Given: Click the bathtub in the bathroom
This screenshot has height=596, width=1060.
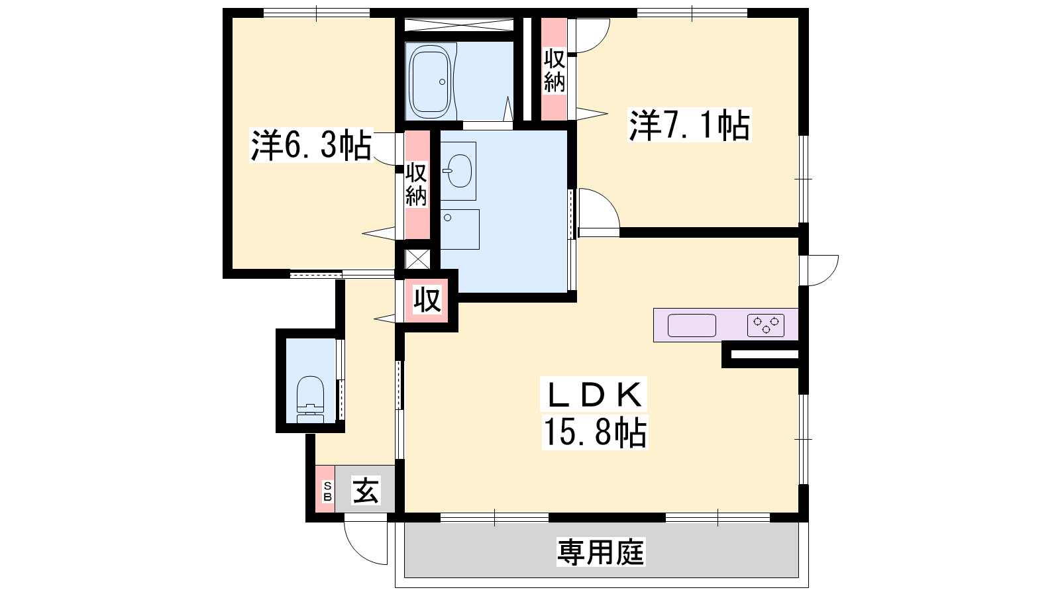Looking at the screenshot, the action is tap(430, 82).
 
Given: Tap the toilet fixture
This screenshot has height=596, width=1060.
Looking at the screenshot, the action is tap(310, 399).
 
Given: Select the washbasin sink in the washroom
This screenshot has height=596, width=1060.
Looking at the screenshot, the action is tap(458, 171).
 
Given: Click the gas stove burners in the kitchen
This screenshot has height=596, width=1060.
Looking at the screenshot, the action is tap(766, 325).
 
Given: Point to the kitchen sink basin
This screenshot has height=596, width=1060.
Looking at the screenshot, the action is tap(692, 325).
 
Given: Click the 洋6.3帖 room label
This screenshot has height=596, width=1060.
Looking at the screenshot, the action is tap(311, 145).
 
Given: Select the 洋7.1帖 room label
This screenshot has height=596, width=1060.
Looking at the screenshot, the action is tap(689, 125).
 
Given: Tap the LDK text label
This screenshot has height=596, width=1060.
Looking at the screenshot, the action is tap(594, 395).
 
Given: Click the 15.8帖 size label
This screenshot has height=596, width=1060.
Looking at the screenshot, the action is tap(594, 432).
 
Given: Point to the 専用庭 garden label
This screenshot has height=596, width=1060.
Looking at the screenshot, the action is tap(600, 552).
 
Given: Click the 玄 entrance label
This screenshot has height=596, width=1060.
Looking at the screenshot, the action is tap(366, 490).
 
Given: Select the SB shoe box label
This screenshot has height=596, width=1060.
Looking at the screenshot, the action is tap(327, 491).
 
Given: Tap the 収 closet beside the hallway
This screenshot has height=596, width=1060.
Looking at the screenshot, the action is tap(427, 300).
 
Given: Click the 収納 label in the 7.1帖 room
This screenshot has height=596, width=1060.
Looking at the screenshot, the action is tap(554, 71).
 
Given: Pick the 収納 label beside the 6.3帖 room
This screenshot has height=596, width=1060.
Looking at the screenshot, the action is tap(417, 185).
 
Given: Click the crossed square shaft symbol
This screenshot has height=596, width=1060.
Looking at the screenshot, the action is tap(418, 259).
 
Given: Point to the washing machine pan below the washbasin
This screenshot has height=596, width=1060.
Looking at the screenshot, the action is tap(460, 229).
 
